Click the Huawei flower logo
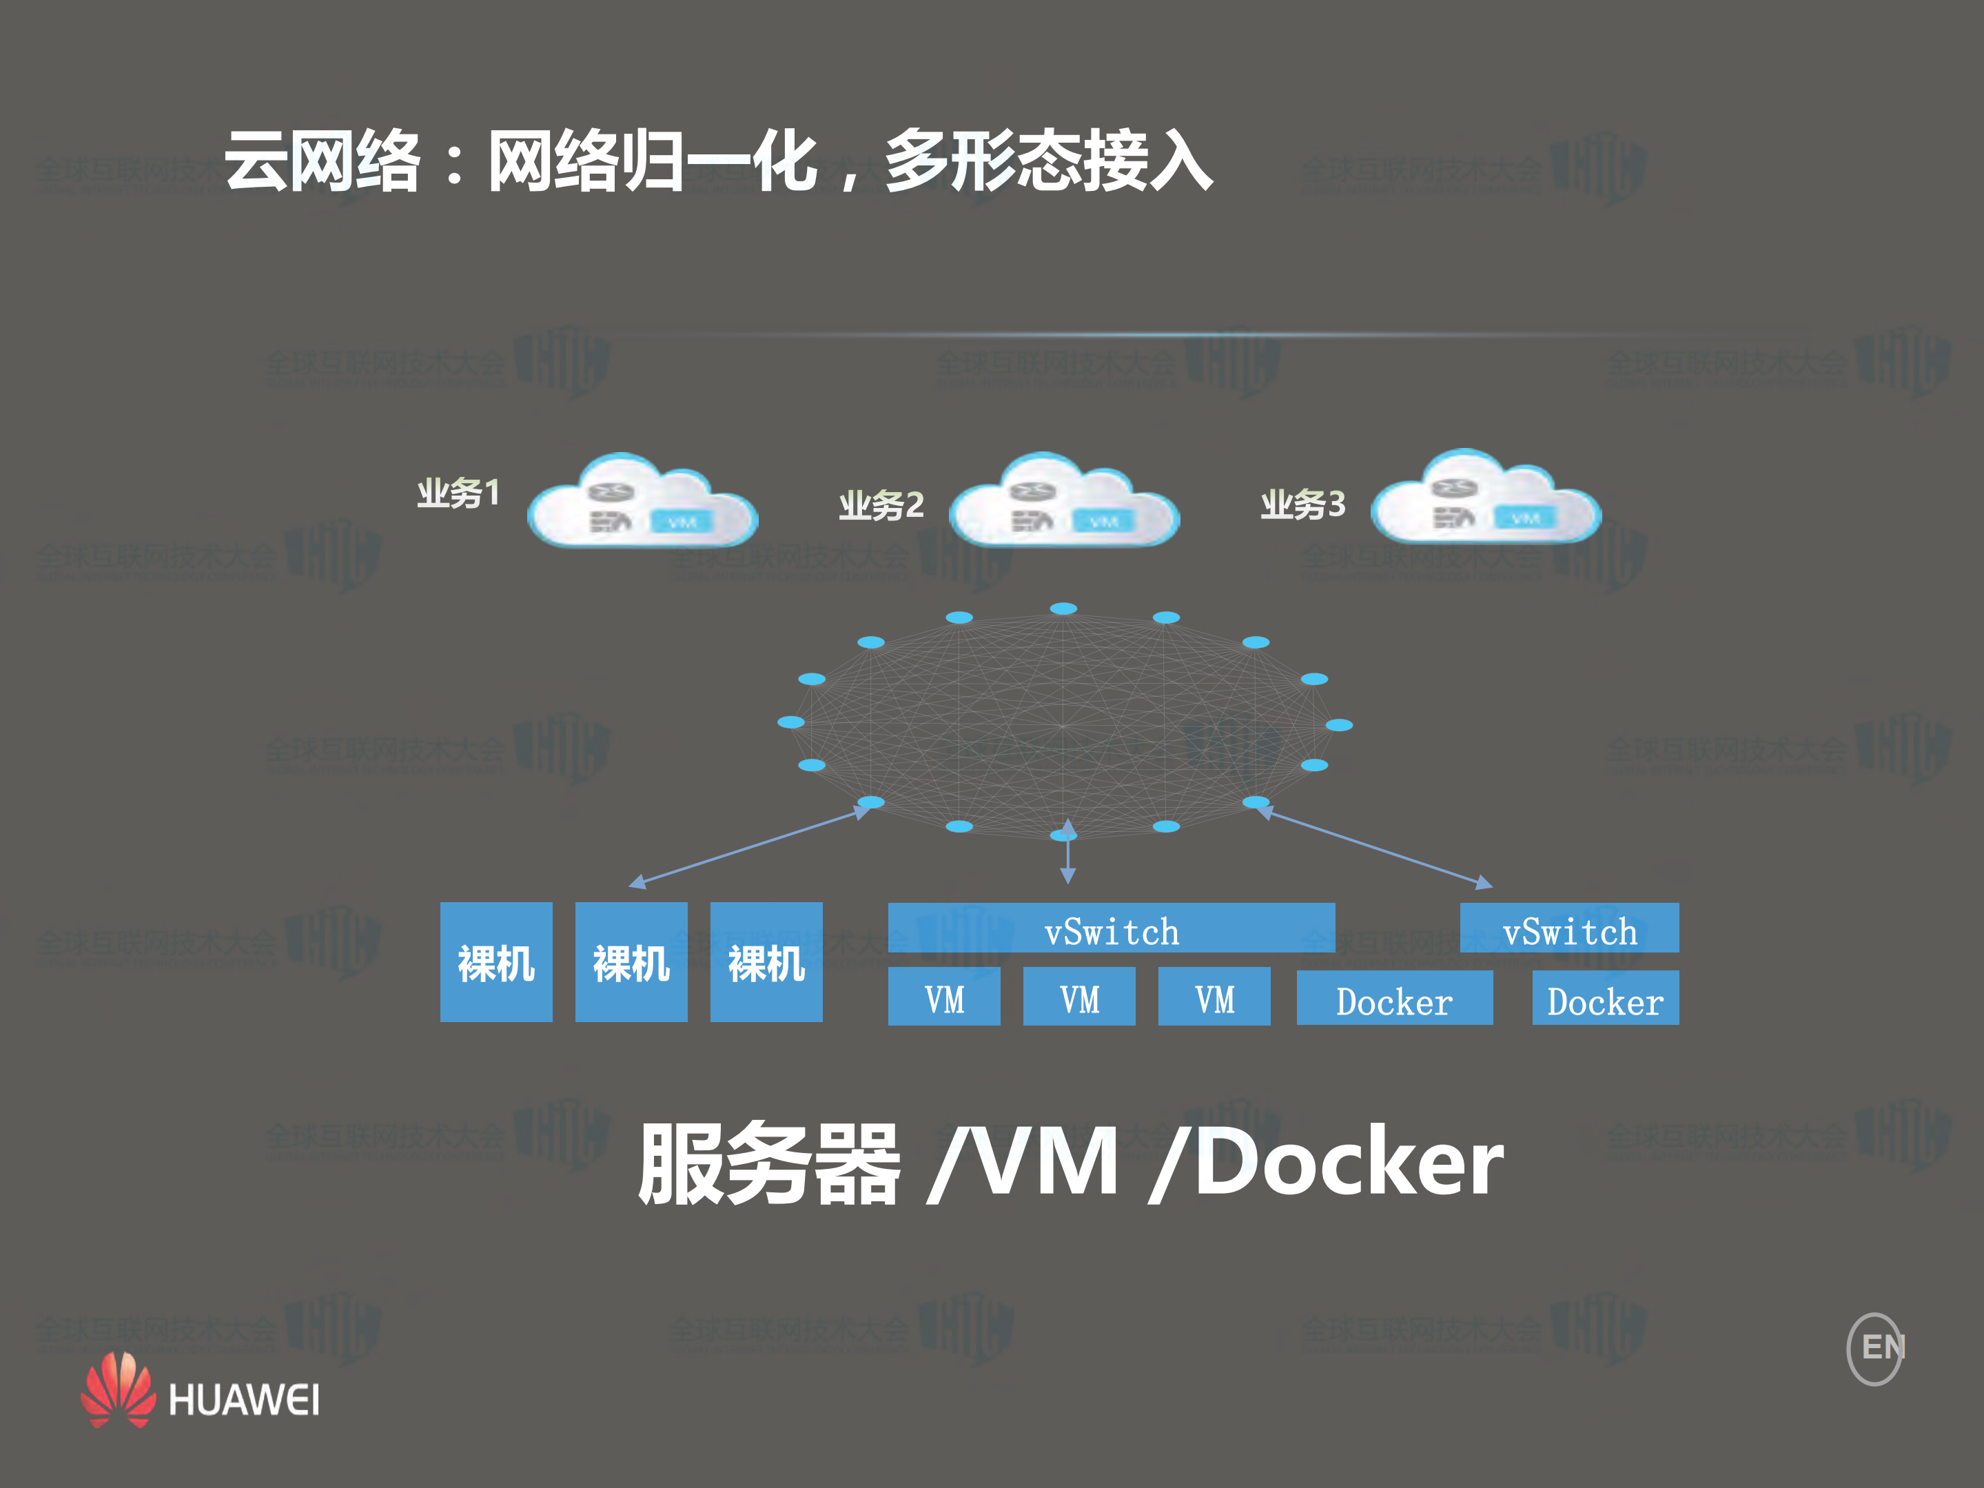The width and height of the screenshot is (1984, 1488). (119, 1389)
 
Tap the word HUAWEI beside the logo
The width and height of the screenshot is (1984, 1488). (243, 1400)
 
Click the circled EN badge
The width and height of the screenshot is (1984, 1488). (1876, 1348)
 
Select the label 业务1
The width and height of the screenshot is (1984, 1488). (458, 492)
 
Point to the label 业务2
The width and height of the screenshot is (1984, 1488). (881, 505)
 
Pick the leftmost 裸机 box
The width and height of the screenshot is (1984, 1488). (496, 961)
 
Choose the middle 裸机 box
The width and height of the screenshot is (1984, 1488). (631, 961)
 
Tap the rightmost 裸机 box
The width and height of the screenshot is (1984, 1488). (766, 961)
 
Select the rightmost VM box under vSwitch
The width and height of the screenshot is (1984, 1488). (1214, 997)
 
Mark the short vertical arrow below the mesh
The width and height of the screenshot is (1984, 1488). (1067, 852)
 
